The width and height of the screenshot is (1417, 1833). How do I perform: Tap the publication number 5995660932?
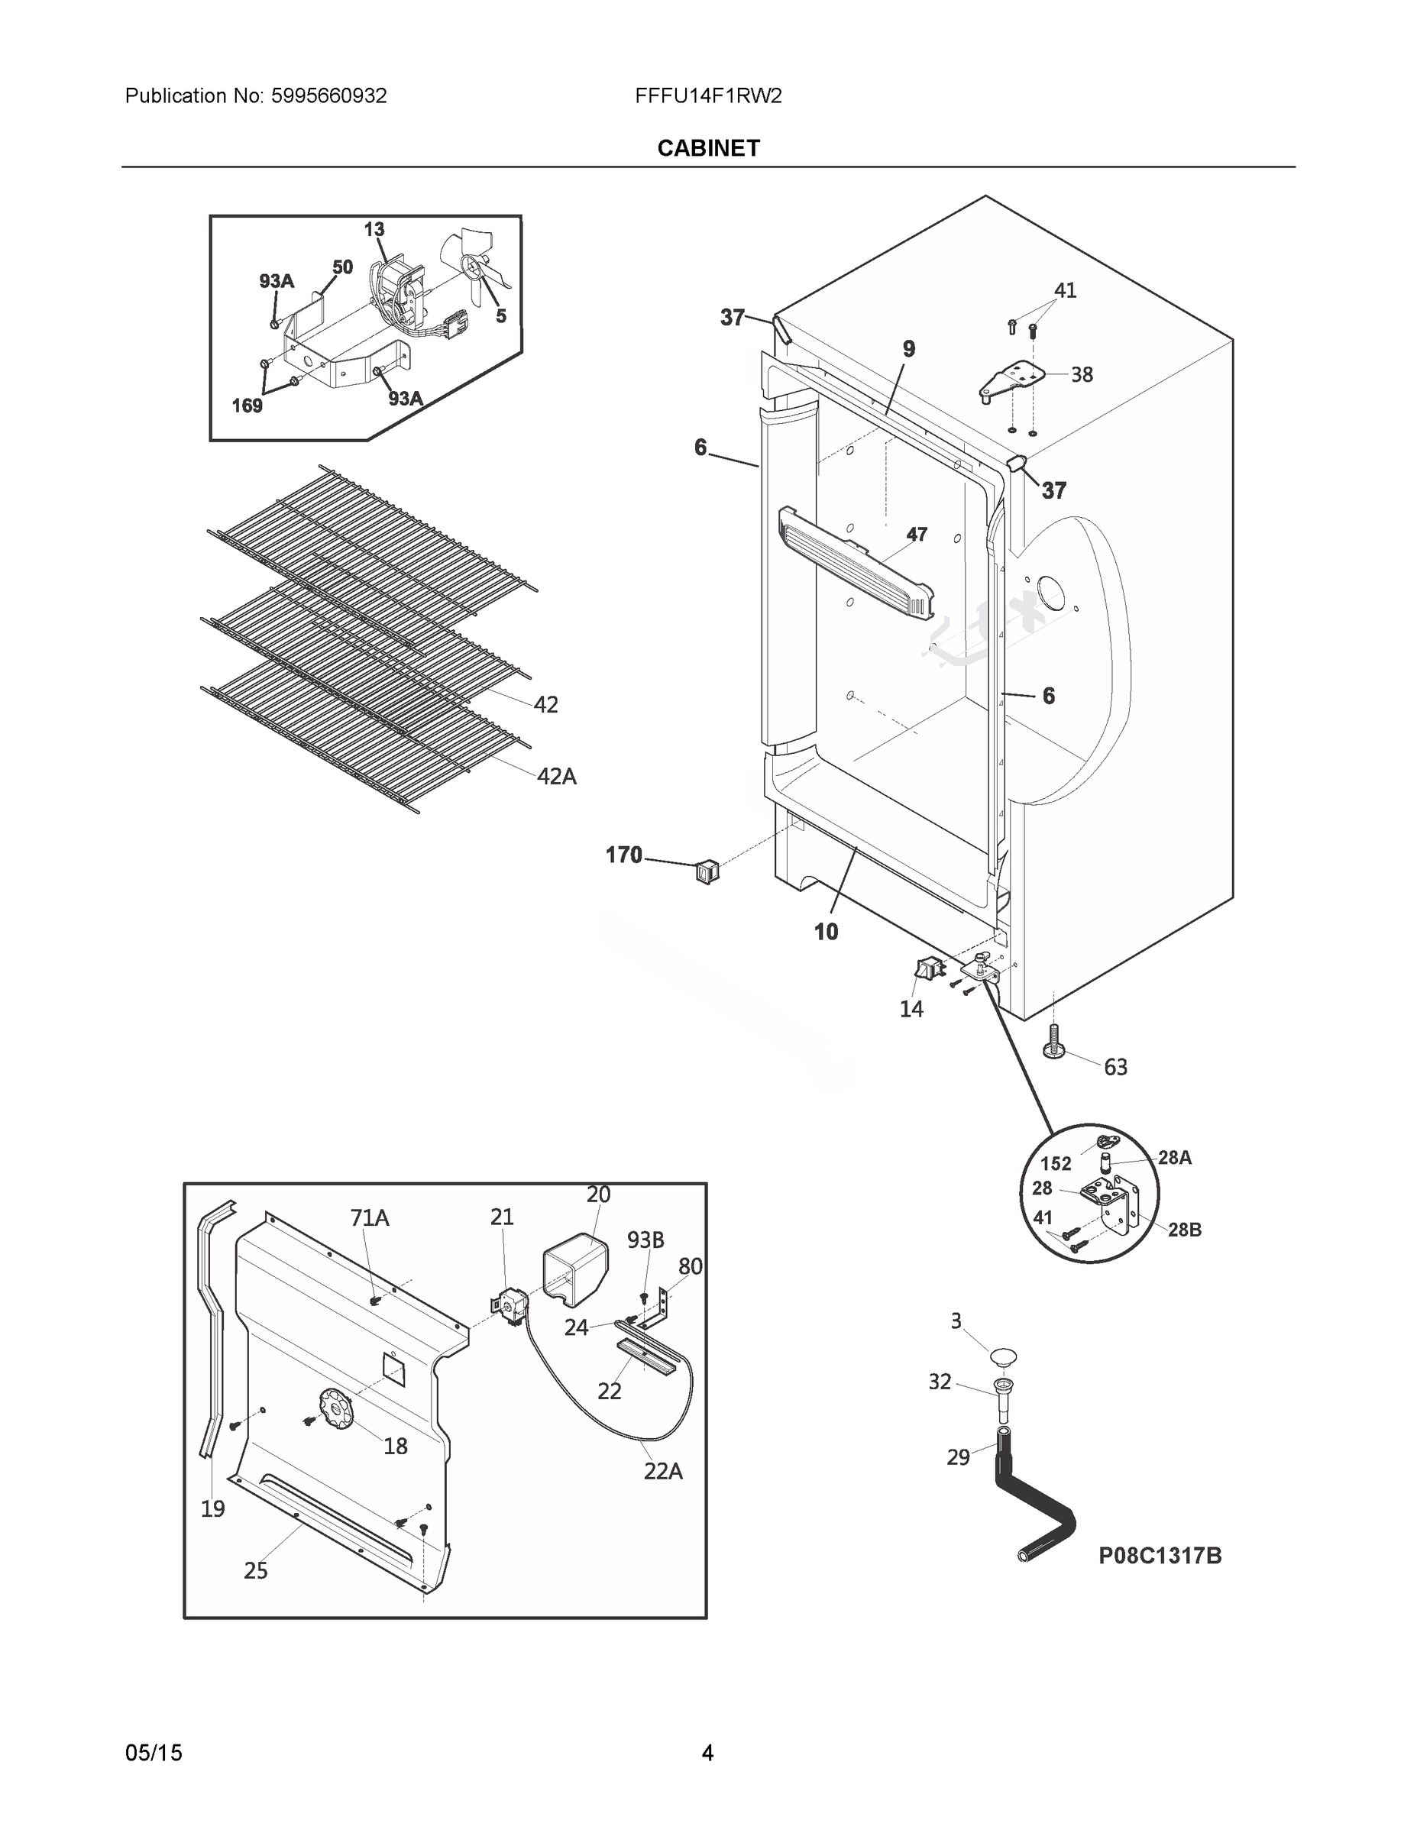click(328, 95)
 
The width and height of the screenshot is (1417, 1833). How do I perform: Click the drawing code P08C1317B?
click(1160, 1555)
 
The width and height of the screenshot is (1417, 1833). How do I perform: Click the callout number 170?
click(624, 855)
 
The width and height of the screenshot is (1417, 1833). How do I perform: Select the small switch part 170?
click(706, 871)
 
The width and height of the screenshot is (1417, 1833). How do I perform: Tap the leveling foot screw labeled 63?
click(1052, 1043)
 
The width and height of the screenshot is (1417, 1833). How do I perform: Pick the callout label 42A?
click(557, 776)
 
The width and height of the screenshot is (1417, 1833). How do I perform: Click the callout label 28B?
click(1183, 1229)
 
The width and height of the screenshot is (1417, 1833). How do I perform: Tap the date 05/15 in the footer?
click(154, 1753)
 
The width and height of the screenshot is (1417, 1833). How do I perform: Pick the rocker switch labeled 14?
click(926, 970)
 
